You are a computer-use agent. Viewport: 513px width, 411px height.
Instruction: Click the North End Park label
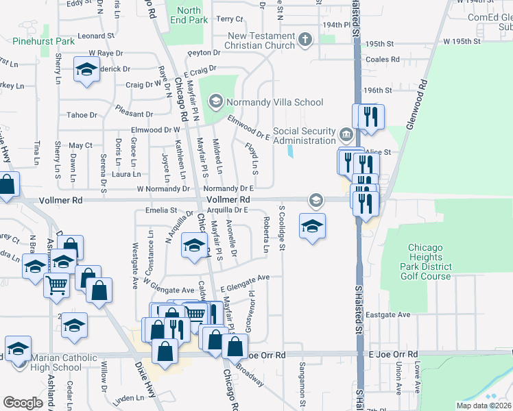point(189,15)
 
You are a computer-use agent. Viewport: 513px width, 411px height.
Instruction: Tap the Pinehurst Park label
point(43,42)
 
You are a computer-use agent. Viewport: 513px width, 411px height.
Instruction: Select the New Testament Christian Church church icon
point(306,40)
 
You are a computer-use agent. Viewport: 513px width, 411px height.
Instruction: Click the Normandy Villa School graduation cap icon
point(216,102)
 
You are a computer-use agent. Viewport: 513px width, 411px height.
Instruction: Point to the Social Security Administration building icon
point(347,132)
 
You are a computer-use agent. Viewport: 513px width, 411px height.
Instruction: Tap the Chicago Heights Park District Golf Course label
point(430,262)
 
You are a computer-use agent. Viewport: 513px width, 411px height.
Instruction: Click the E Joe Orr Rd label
point(393,354)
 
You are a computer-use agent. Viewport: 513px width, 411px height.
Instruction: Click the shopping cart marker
point(56,284)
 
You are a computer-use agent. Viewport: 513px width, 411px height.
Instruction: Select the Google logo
point(23,402)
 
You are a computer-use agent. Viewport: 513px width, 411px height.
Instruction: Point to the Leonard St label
point(95,36)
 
